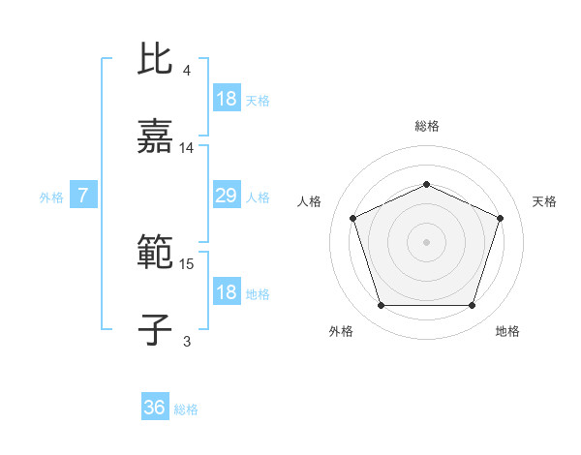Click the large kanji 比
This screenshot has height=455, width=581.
click(x=155, y=59)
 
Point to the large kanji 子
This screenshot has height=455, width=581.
click(x=155, y=329)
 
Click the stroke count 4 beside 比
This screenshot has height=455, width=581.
click(x=187, y=72)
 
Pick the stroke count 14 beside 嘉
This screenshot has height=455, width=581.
click(x=187, y=148)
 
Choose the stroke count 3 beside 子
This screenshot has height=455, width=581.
click(x=187, y=340)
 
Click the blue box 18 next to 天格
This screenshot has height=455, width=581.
click(x=226, y=99)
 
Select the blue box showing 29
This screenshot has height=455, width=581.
click(x=226, y=197)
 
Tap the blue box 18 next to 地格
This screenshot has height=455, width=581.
click(x=226, y=292)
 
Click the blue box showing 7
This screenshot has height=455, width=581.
click(x=83, y=197)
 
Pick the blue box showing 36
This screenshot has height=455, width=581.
click(x=155, y=408)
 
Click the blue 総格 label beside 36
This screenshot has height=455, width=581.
click(x=187, y=409)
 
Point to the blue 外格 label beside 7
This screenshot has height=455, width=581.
click(x=51, y=197)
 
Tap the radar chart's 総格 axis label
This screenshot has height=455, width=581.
click(x=427, y=126)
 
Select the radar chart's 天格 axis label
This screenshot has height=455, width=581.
click(x=545, y=201)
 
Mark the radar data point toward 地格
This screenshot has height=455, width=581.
click(x=472, y=305)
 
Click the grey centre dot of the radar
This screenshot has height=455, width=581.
click(x=426, y=241)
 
